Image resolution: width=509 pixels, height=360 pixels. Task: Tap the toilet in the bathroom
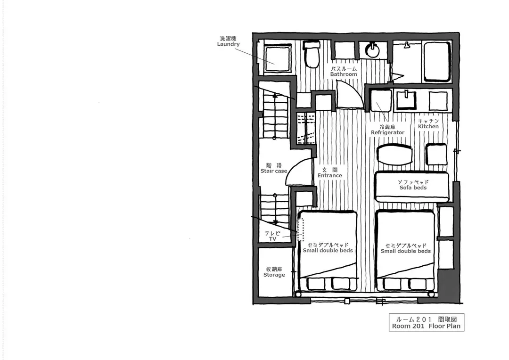coord(312,54)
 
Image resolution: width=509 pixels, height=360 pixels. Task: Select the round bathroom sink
coord(372,50)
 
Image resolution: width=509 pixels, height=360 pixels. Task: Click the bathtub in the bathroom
coord(437,61)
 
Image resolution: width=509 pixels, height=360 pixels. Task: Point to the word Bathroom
coord(344,74)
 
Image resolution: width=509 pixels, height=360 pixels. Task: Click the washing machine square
coord(277,58)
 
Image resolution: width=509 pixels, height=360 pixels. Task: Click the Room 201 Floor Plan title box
coord(427,322)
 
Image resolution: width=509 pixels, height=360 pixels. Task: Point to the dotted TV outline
coord(301,229)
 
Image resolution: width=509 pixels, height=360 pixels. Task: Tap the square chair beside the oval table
coord(436,155)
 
